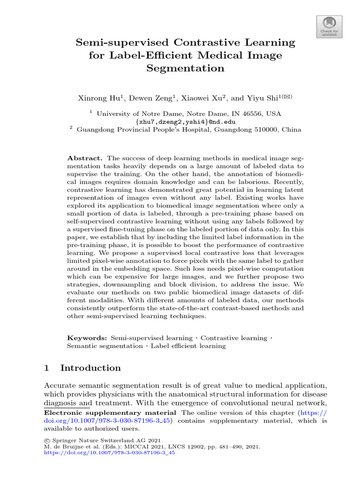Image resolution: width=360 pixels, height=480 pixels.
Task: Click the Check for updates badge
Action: [x=330, y=26]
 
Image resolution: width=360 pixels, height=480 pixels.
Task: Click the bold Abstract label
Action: [x=82, y=158]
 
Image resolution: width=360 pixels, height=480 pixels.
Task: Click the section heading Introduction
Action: [x=90, y=368]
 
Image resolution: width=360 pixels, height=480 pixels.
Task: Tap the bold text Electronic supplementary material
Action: [x=110, y=412]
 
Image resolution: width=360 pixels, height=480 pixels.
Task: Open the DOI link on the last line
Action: [x=109, y=454]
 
